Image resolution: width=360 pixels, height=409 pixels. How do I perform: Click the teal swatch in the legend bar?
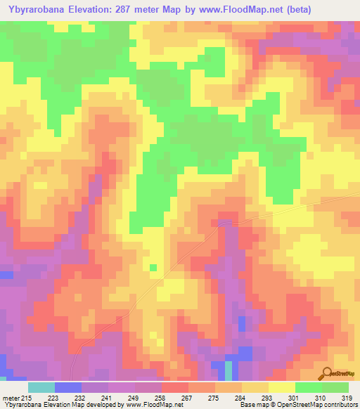[x=41, y=387]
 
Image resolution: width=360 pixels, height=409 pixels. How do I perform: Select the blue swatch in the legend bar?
[x=67, y=387]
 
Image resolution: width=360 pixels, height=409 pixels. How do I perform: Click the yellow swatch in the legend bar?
[x=281, y=387]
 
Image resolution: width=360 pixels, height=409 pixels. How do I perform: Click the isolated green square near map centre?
[x=153, y=267]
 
